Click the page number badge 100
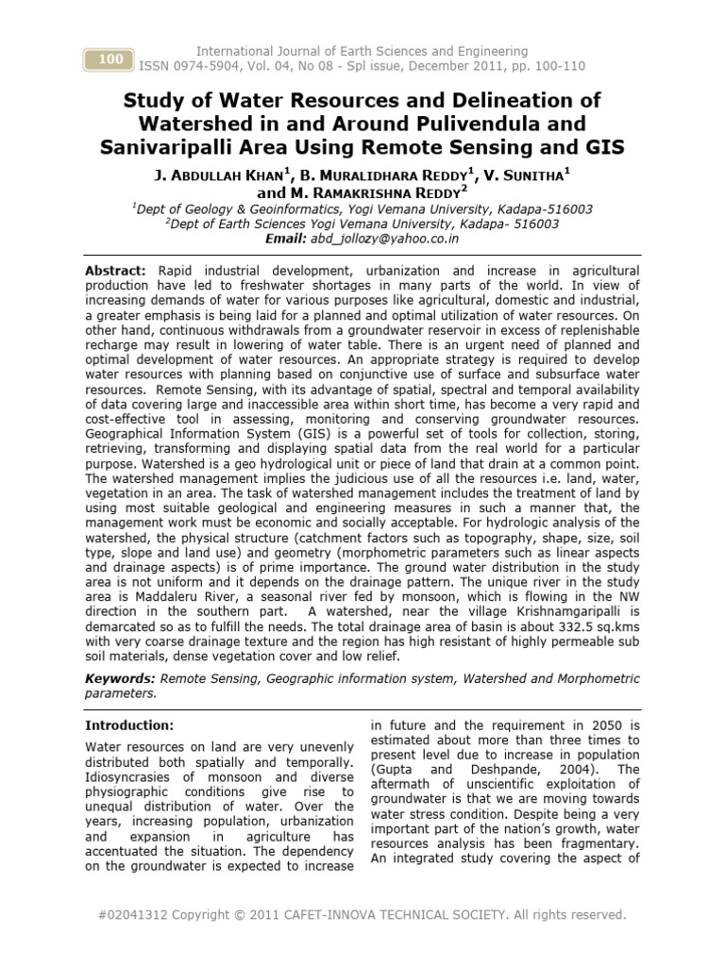[x=110, y=59]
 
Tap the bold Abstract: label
[x=115, y=270]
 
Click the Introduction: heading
[x=129, y=725]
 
